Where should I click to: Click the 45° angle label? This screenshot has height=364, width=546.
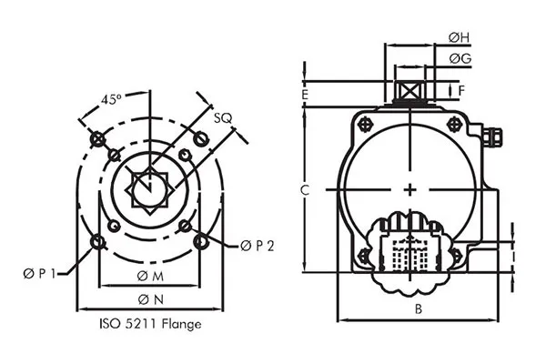pyautogui.click(x=113, y=98)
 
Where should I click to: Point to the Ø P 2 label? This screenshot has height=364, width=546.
pyautogui.click(x=258, y=246)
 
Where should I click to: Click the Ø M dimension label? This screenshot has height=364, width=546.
pyautogui.click(x=151, y=277)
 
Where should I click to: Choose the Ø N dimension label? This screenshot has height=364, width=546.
pyautogui.click(x=151, y=299)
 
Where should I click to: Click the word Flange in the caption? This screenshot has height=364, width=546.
pyautogui.click(x=179, y=323)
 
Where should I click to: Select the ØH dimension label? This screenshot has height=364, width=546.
pyautogui.click(x=460, y=37)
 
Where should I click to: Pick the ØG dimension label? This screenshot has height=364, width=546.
pyautogui.click(x=460, y=58)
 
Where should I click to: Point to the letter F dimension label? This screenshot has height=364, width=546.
pyautogui.click(x=462, y=90)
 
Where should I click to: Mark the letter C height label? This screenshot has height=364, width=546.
pyautogui.click(x=307, y=189)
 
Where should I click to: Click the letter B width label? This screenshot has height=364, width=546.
pyautogui.click(x=418, y=309)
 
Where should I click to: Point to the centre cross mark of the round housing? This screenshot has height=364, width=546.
pyautogui.click(x=412, y=189)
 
